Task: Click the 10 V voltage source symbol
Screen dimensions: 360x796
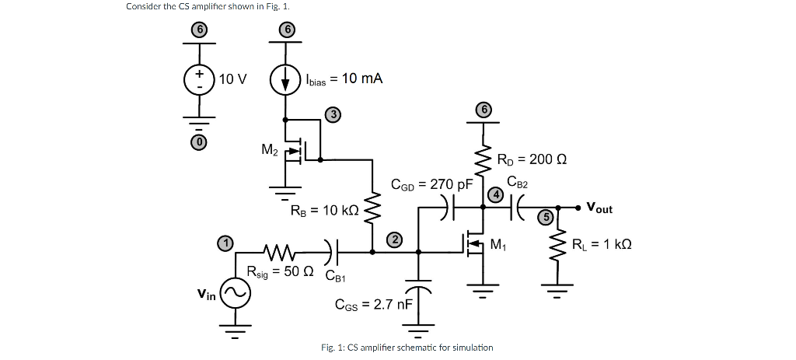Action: click(x=199, y=80)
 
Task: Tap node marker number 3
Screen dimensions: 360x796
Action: click(x=333, y=115)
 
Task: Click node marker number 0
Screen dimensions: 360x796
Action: click(x=199, y=144)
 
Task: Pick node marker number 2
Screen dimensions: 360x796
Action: click(x=395, y=239)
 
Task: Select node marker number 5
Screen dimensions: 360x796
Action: click(x=546, y=218)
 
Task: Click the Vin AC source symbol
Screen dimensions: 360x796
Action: click(x=235, y=292)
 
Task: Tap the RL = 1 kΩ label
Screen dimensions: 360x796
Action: click(x=602, y=246)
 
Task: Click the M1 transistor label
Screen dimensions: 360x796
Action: click(x=500, y=246)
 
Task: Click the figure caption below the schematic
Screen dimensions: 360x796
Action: click(x=407, y=347)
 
